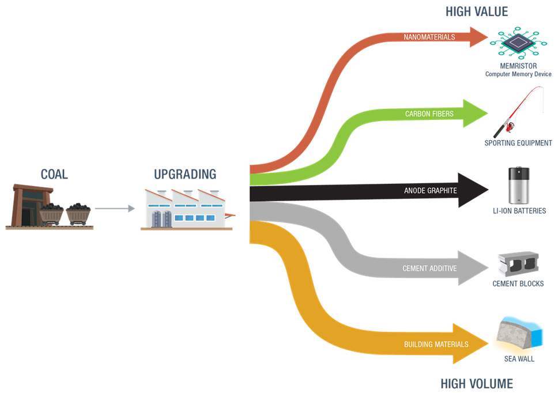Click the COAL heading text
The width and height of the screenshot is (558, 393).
pyautogui.click(x=54, y=173)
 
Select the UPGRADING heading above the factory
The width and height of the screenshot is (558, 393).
pyautogui.click(x=185, y=173)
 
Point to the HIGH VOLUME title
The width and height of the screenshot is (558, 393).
pyautogui.click(x=476, y=383)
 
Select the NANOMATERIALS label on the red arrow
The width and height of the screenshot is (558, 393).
pyautogui.click(x=429, y=37)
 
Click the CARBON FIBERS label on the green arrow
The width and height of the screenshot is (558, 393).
pyautogui.click(x=429, y=114)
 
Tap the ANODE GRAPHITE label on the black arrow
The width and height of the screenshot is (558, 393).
pyautogui.click(x=430, y=191)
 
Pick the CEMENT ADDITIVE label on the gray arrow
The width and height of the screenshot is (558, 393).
pyautogui.click(x=429, y=268)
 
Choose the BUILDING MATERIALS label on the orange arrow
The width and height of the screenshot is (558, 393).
pyautogui.click(x=436, y=344)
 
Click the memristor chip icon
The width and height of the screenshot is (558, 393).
pyautogui.click(x=517, y=42)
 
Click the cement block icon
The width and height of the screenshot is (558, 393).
pyautogui.click(x=518, y=264)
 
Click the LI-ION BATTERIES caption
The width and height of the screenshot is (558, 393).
pyautogui.click(x=519, y=211)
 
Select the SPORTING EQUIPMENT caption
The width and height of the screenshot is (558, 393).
pyautogui.click(x=518, y=143)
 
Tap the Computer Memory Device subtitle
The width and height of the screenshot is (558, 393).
pyautogui.click(x=518, y=74)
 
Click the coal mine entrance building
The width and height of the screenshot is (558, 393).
pyautogui.click(x=25, y=205)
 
